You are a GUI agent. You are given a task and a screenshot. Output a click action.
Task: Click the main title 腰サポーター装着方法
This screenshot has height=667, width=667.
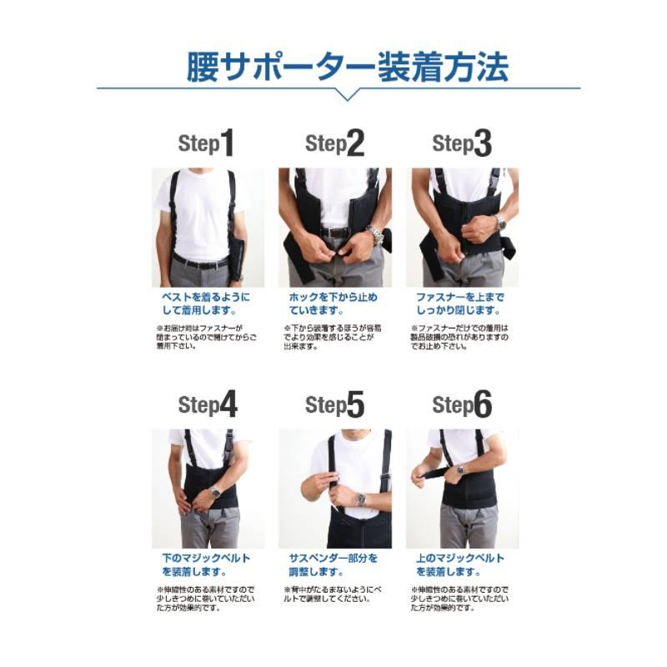tap(346, 67)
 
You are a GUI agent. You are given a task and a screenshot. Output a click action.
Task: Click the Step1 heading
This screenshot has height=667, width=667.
tap(206, 144)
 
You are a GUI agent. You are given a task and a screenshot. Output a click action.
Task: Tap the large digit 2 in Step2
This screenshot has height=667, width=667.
tap(355, 144)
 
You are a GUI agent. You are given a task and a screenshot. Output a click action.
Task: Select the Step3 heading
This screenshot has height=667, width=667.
tap(462, 144)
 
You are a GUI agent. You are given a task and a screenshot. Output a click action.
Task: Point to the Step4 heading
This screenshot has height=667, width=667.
tap(208, 405)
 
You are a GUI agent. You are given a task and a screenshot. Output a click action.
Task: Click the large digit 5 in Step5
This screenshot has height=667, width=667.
tap(355, 405)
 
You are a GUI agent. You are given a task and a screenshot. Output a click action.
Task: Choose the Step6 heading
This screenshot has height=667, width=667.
tap(462, 405)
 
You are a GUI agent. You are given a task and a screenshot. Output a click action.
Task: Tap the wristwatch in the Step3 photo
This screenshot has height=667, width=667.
tap(500, 223)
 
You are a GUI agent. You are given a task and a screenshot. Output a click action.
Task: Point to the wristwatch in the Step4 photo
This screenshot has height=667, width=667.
tap(214, 492)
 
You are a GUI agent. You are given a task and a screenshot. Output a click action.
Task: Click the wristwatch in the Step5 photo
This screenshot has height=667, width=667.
tap(360, 499)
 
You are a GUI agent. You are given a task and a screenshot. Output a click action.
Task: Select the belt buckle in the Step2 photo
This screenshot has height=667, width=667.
tap(335, 233)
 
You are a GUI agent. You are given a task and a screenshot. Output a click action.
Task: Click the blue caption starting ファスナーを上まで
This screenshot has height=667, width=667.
tap(460, 298)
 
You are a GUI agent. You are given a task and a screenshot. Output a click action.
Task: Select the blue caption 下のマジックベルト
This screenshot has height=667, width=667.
tap(205, 558)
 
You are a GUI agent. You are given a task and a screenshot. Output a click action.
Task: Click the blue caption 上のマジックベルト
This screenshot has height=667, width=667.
tap(460, 558)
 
